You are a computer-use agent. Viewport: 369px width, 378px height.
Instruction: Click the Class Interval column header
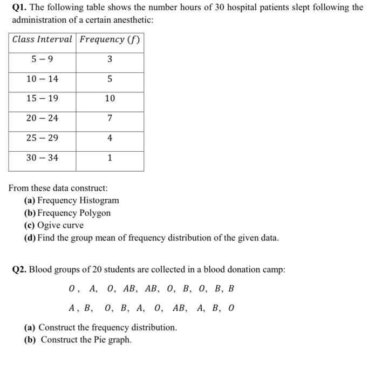pos(42,39)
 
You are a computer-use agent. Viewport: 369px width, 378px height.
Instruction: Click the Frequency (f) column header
pos(110,39)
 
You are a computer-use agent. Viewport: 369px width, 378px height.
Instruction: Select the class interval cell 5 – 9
pos(42,59)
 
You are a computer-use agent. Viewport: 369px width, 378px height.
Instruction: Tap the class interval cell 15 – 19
pos(42,98)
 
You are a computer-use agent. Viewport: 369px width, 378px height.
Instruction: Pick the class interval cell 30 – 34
pos(42,158)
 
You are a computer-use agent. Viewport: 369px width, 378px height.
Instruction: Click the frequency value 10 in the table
pos(110,98)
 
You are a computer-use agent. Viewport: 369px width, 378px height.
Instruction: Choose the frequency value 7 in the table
pos(110,118)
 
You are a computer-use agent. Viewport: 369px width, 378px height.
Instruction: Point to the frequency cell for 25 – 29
pos(110,138)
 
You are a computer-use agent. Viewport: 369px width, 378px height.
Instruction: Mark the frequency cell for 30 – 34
pos(110,158)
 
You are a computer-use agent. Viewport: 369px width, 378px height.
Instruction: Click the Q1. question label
pos(19,9)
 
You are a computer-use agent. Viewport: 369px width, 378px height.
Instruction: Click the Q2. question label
pos(19,269)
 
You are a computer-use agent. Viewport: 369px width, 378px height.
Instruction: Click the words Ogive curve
pos(60,225)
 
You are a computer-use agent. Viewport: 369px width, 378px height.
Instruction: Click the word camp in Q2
pos(274,269)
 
